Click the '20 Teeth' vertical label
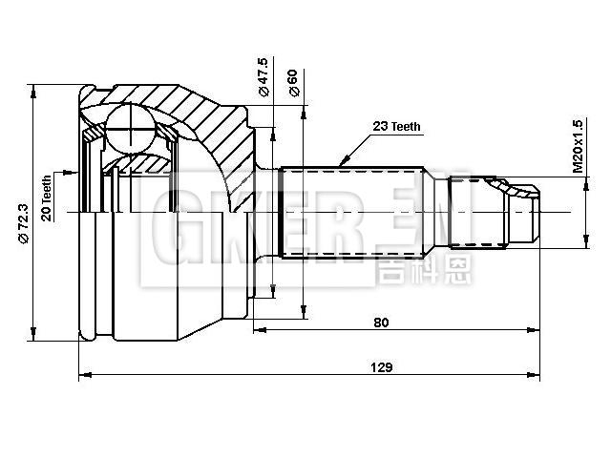(x=46, y=195)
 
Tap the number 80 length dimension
(x=381, y=322)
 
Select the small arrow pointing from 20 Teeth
(x=71, y=172)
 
